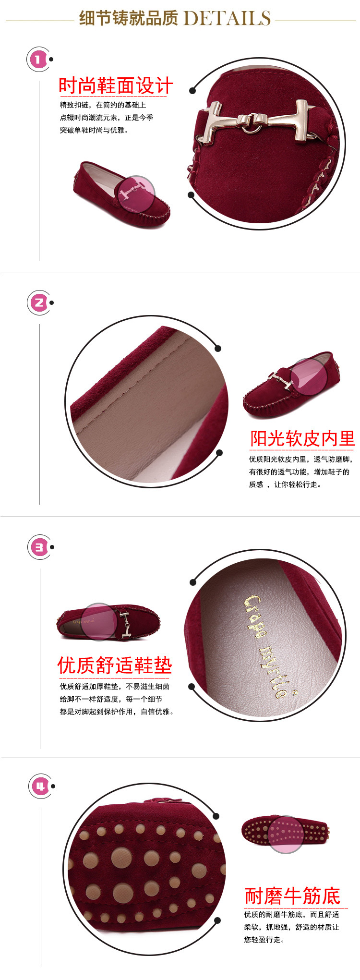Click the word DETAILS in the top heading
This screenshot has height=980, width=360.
[x=227, y=18]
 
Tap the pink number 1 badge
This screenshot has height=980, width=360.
[x=38, y=60]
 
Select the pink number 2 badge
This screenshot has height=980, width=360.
[x=38, y=303]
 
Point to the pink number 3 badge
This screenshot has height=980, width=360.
[x=39, y=547]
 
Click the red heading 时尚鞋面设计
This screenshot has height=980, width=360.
[x=116, y=86]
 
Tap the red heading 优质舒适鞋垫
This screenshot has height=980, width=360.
[x=115, y=665]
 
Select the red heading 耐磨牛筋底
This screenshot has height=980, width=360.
[x=292, y=896]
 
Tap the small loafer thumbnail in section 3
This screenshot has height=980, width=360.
[x=108, y=622]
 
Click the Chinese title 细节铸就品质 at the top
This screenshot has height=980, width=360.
[x=128, y=18]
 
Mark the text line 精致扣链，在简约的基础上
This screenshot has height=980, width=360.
[x=103, y=105]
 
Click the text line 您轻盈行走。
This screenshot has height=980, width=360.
[x=264, y=940]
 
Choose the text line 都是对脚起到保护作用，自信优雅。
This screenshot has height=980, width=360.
[x=117, y=712]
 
